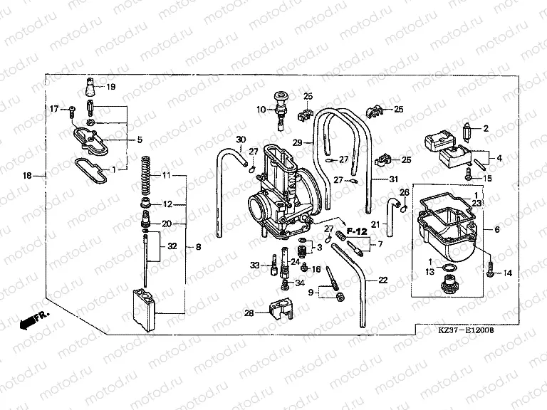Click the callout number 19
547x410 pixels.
pyautogui.click(x=110, y=87)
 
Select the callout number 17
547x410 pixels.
pyautogui.click(x=53, y=109)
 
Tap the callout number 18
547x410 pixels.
pyautogui.click(x=27, y=175)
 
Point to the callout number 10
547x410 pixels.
pyautogui.click(x=261, y=110)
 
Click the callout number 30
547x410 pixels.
pyautogui.click(x=240, y=139)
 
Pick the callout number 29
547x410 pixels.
pyautogui.click(x=298, y=142)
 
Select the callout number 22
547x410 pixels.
pyautogui.click(x=383, y=280)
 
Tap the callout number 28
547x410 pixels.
pyautogui.click(x=249, y=313)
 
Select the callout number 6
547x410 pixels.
pyautogui.click(x=497, y=229)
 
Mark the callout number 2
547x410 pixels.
pyautogui.click(x=486, y=129)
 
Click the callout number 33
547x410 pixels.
pyautogui.click(x=254, y=266)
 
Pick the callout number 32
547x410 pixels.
pyautogui.click(x=171, y=246)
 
